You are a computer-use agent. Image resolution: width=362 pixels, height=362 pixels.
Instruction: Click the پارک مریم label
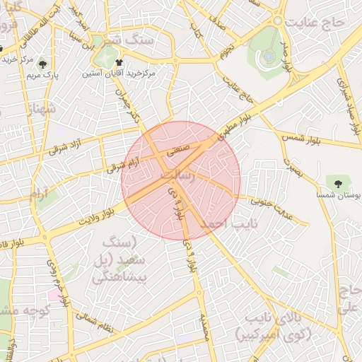click(x=47, y=74)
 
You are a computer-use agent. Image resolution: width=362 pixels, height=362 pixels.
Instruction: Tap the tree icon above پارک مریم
click(x=48, y=63)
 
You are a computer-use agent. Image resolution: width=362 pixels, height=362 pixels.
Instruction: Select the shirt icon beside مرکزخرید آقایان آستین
click(x=128, y=62)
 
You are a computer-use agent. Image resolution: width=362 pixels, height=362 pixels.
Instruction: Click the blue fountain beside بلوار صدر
click(x=269, y=56)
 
